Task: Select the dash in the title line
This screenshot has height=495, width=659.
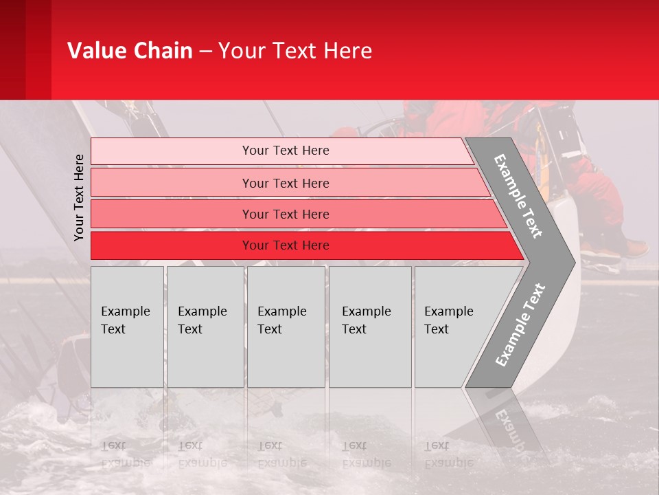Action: [x=205, y=52]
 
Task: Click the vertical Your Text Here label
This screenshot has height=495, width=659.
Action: [x=79, y=197]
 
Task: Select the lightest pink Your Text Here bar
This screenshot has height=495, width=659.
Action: [x=285, y=151]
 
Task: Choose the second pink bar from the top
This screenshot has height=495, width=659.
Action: [x=285, y=183]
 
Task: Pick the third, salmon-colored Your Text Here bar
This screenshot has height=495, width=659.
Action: [x=285, y=214]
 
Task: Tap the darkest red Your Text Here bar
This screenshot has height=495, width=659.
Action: [x=285, y=245]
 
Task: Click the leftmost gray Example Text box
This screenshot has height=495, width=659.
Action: [x=127, y=327]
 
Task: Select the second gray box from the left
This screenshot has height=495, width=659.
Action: [x=205, y=327]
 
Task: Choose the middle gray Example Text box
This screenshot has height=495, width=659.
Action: [x=286, y=327]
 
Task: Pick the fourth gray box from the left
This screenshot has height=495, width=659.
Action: [x=369, y=327]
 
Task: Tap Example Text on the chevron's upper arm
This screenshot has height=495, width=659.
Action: [x=518, y=196]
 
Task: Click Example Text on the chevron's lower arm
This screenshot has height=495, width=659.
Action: [x=520, y=325]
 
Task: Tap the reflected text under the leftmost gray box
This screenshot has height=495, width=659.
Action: [x=126, y=454]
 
